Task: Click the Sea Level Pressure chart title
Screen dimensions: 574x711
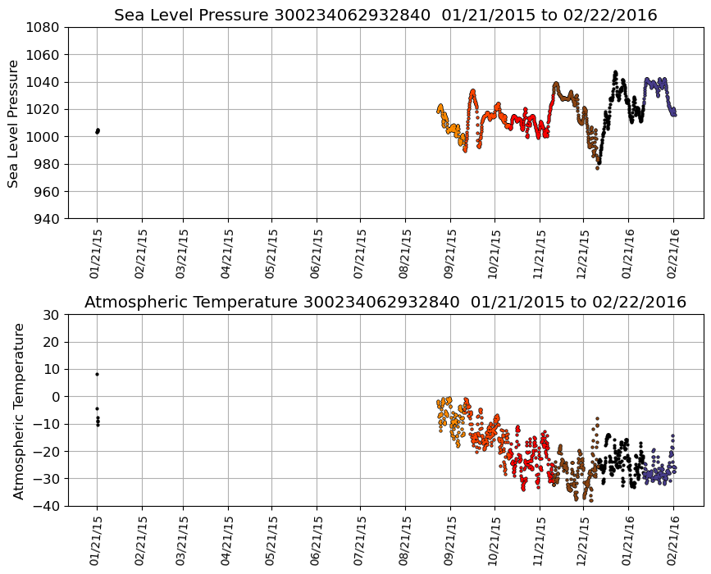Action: (x=385, y=15)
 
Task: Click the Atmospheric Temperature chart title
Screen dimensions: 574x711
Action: (x=385, y=302)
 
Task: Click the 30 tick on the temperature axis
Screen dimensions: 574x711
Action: (x=52, y=315)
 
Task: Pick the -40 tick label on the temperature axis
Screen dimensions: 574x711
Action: (x=47, y=506)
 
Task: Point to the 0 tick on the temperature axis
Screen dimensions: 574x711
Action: (x=56, y=397)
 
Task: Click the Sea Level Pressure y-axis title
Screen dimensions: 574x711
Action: (x=14, y=123)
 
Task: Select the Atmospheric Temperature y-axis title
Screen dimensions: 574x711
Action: (x=20, y=410)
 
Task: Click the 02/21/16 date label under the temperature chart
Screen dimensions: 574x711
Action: (x=674, y=540)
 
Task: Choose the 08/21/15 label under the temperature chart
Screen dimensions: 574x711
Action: (x=406, y=540)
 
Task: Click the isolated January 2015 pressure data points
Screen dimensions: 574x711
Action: (x=97, y=130)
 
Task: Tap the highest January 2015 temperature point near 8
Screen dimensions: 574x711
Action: (x=97, y=374)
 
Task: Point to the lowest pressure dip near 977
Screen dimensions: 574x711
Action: (x=597, y=167)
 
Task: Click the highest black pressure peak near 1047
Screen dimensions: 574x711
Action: (x=615, y=72)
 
